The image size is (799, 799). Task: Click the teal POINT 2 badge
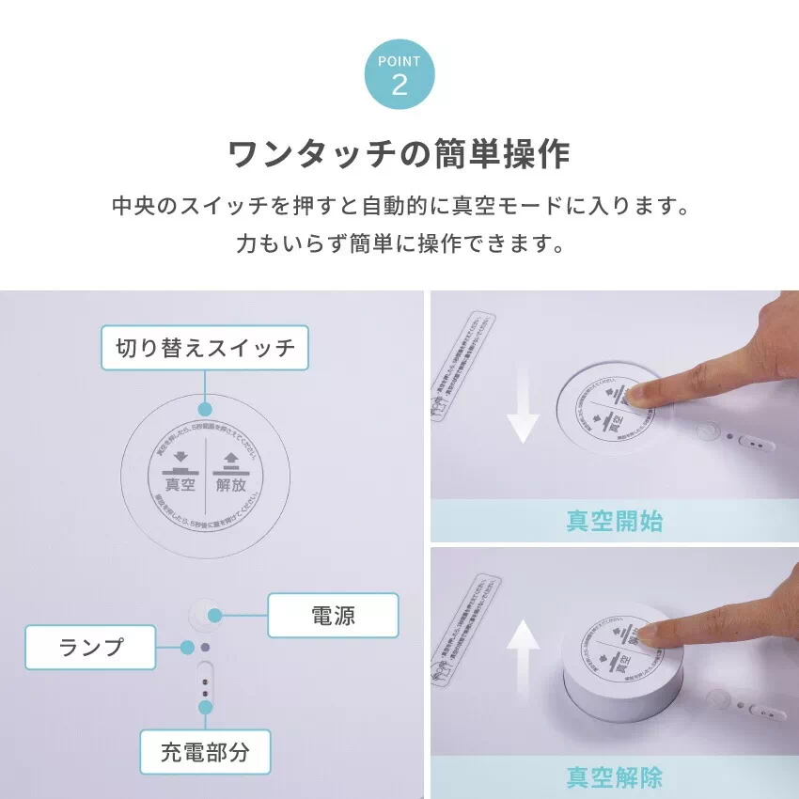pyautogui.click(x=399, y=76)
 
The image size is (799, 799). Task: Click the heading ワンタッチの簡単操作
pyautogui.click(x=399, y=154)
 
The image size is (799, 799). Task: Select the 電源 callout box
pyautogui.click(x=333, y=616)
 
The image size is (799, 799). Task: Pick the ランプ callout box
pyautogui.click(x=90, y=648)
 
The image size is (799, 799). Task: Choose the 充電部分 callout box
pyautogui.click(x=205, y=752)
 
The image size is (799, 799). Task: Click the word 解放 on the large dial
pyautogui.click(x=231, y=484)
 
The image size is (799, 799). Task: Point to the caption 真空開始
pyautogui.click(x=614, y=521)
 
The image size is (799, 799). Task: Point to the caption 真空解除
pyautogui.click(x=614, y=777)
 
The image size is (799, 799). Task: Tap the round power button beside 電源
pyautogui.click(x=204, y=615)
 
